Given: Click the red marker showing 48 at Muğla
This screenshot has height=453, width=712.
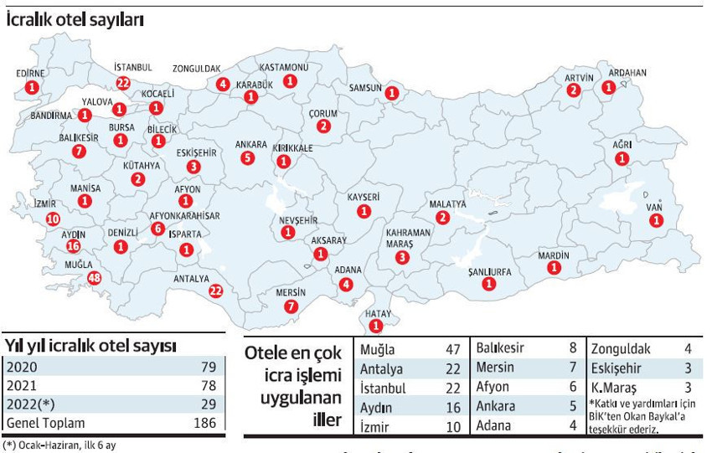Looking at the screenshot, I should click(x=94, y=278).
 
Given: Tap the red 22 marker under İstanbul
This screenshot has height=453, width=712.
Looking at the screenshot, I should click(x=124, y=82).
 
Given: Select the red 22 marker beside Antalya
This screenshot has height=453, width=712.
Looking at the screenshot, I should click(x=216, y=291).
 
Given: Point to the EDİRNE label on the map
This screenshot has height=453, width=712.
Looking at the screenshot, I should click(x=31, y=74).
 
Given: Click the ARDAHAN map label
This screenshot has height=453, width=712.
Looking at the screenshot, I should click(x=627, y=73).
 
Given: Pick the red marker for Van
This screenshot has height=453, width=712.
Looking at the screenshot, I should click(x=658, y=220).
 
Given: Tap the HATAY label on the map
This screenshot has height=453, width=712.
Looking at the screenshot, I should click(x=378, y=313).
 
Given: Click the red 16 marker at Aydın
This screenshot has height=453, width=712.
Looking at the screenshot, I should click(x=73, y=246).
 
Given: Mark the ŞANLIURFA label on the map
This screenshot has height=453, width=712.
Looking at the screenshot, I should click(x=489, y=271).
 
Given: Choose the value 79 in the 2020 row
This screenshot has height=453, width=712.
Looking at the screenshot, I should click(x=209, y=367).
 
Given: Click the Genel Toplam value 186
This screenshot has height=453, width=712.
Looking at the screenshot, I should click(x=205, y=423).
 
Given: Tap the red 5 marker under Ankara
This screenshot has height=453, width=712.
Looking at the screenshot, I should click(x=247, y=157).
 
